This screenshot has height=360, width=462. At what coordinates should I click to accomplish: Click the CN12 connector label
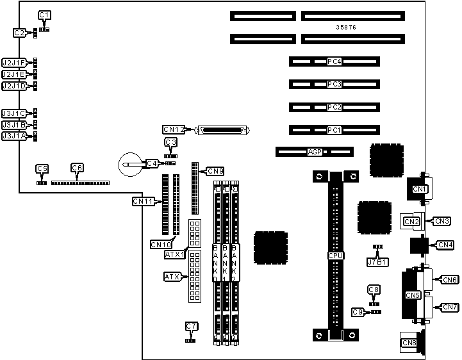click(x=174, y=129)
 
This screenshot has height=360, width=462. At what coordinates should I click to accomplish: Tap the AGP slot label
click(x=314, y=152)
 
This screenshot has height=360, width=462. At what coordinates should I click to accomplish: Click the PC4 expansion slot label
click(x=334, y=62)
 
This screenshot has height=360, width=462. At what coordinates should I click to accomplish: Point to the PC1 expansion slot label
click(x=334, y=130)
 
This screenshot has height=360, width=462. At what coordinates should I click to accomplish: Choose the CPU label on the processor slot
click(x=334, y=256)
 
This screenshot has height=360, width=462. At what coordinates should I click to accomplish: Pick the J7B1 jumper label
click(x=377, y=261)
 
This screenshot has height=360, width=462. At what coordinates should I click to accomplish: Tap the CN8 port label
click(x=408, y=343)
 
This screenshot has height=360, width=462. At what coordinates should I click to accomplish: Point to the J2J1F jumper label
click(x=13, y=63)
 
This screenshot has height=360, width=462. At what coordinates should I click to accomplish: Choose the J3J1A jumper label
click(x=13, y=136)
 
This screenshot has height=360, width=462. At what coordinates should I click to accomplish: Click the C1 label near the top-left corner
click(x=44, y=15)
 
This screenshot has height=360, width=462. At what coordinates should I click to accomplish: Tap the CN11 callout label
click(x=143, y=201)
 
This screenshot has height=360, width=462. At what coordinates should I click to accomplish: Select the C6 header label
click(x=77, y=168)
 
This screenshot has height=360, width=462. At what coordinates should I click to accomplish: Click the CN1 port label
click(x=420, y=189)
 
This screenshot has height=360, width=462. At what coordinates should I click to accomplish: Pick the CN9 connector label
click(x=215, y=171)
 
